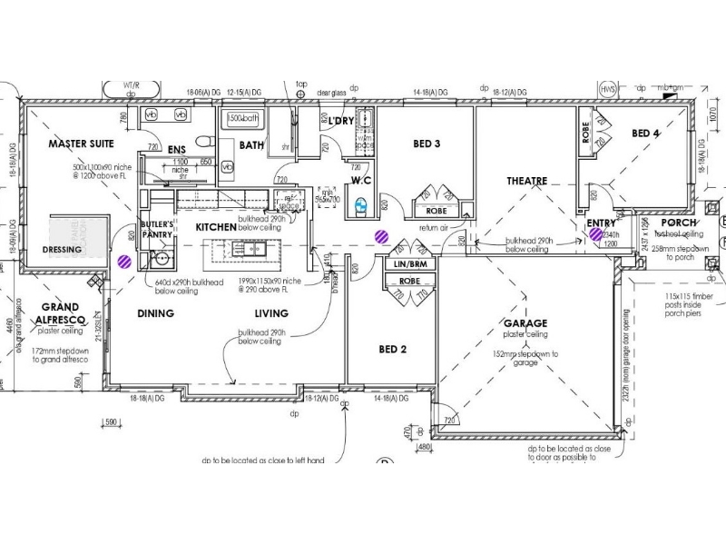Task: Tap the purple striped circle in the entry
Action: [x=596, y=234]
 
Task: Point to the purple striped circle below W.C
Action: [x=382, y=237]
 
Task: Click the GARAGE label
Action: [x=525, y=323]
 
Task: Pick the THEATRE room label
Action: [x=526, y=181]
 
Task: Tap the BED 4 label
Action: [x=646, y=134]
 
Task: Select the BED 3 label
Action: [x=427, y=144]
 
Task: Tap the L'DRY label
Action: [x=341, y=121]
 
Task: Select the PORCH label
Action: [x=679, y=223]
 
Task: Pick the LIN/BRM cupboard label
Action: [x=411, y=263]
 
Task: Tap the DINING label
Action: [x=155, y=313]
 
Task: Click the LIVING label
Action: [x=271, y=313]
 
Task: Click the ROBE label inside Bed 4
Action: [x=585, y=133]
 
